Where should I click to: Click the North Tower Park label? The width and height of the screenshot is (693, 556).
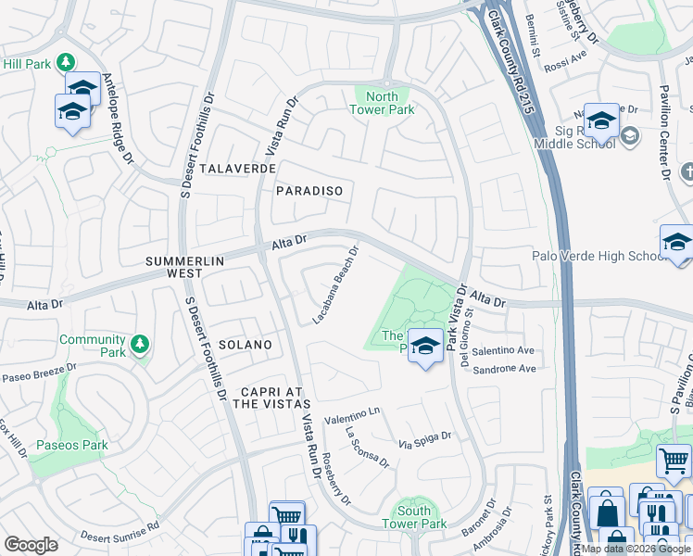[381, 103]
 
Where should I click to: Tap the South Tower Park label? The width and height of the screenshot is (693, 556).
[414, 517]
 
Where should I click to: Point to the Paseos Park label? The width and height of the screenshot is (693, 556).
[72, 446]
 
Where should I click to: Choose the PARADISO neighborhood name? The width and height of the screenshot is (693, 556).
[309, 191]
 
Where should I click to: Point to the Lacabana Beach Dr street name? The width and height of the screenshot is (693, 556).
[336, 285]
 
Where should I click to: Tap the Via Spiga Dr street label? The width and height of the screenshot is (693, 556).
[424, 440]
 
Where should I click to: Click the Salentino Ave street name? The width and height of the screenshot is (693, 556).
[504, 351]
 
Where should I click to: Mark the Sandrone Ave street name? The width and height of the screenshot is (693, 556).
[504, 369]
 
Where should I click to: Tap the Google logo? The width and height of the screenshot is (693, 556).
[31, 545]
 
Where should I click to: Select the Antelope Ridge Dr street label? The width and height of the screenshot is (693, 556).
[118, 115]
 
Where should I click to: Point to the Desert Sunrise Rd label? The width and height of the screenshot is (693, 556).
[120, 530]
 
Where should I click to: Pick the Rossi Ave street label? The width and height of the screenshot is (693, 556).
[567, 55]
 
